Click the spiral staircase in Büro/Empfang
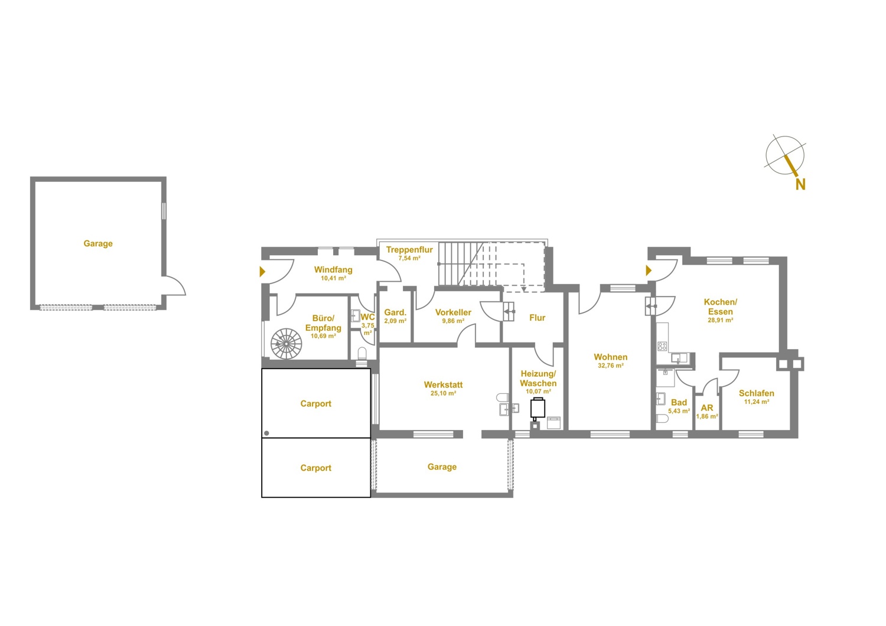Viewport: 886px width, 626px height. [286, 344]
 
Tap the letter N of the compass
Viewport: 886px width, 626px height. [800, 184]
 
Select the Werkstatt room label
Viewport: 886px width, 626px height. [443, 384]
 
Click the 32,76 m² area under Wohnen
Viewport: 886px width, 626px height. [611, 366]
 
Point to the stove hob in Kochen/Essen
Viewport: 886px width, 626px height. [662, 347]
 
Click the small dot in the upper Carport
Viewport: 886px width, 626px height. [266, 433]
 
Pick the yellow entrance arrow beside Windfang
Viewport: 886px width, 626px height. [262, 272]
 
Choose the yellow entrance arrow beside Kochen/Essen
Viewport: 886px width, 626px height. [649, 270]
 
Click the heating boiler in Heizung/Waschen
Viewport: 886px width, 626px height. [538, 409]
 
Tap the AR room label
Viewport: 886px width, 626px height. [707, 407]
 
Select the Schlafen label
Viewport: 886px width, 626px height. [756, 393]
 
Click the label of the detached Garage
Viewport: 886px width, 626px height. [98, 243]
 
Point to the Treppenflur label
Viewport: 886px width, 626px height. [409, 250]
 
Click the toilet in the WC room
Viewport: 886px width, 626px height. [362, 353]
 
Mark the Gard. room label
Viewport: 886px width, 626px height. [395, 312]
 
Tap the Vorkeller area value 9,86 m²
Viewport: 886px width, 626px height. [453, 321]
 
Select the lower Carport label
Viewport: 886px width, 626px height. [315, 468]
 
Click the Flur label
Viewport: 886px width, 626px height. [537, 318]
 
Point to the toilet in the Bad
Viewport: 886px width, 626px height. [662, 418]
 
